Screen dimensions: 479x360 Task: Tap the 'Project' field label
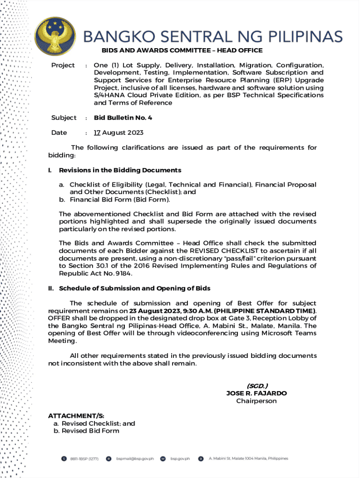(63, 65)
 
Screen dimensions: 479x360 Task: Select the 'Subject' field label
(64, 118)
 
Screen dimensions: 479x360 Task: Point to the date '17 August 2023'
(119, 133)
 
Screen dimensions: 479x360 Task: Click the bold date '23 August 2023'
(157, 311)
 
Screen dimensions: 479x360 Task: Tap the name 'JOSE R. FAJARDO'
(257, 393)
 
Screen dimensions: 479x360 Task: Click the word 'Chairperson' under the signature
(256, 401)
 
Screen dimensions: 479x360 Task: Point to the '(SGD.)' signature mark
(257, 386)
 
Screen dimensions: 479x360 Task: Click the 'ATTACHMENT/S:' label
(76, 416)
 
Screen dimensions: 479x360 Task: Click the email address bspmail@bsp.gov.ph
(135, 459)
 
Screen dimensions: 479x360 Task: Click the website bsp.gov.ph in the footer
(180, 459)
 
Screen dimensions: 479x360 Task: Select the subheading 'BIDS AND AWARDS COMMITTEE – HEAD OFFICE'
(182, 51)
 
